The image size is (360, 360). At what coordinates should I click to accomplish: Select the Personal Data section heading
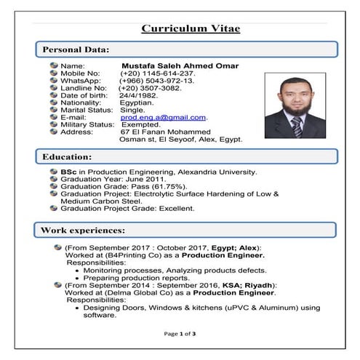click(x=76, y=50)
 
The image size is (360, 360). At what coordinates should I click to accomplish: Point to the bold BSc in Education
click(x=68, y=172)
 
